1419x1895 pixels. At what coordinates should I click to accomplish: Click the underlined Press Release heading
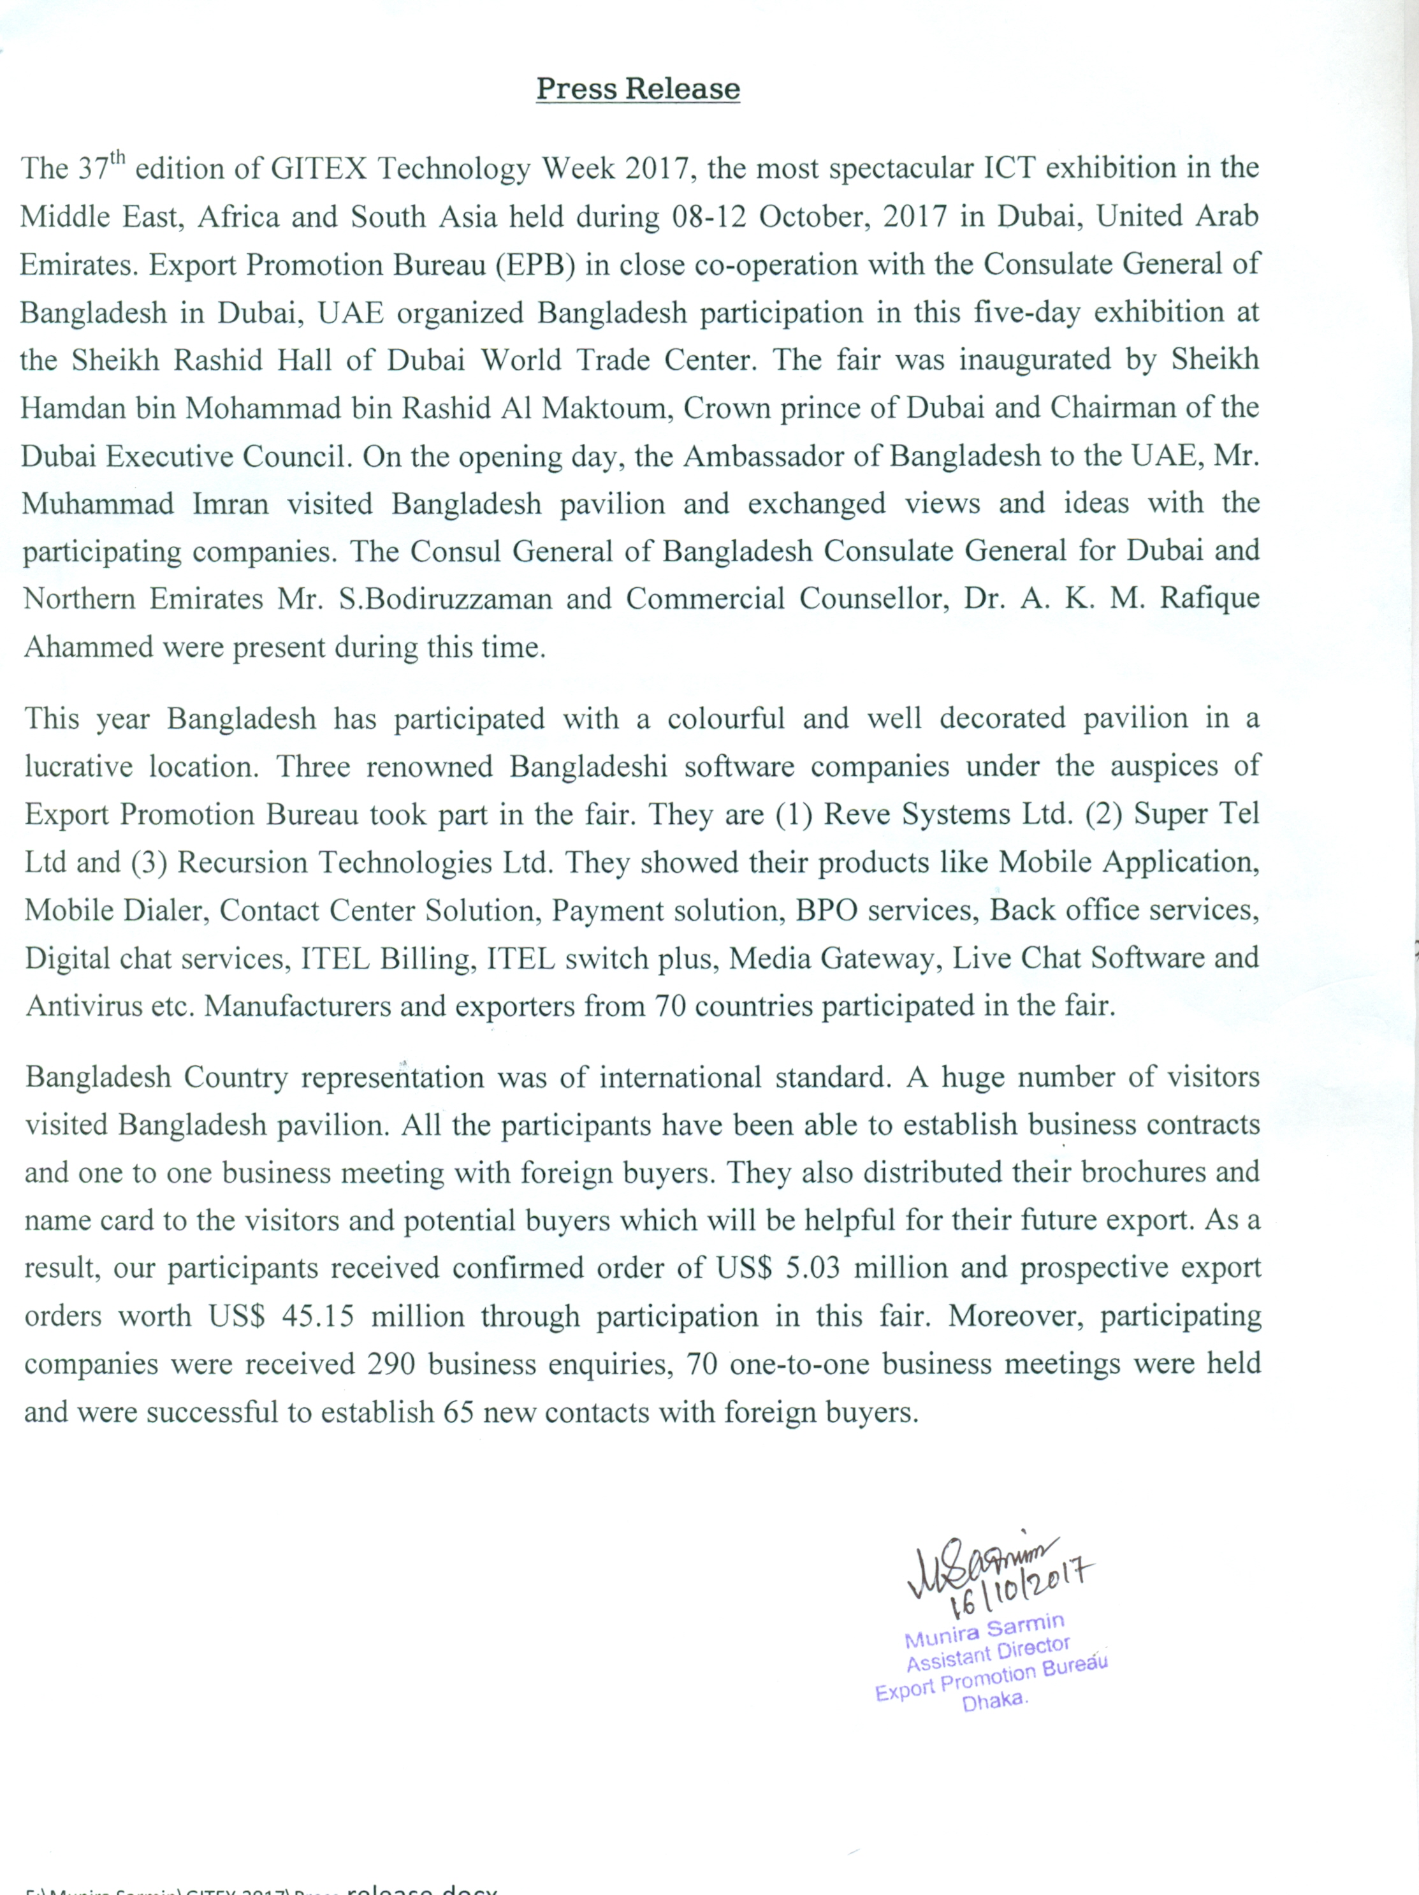(638, 89)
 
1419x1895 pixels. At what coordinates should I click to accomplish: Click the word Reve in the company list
(853, 814)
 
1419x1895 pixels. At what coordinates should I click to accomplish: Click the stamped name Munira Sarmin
(984, 1631)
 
